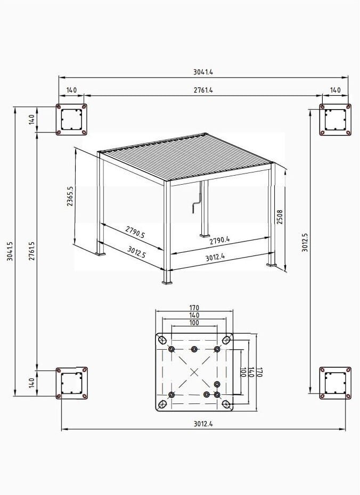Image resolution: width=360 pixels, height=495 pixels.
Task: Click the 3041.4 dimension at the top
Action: click(x=203, y=72)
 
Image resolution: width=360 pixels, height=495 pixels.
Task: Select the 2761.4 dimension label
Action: click(x=203, y=90)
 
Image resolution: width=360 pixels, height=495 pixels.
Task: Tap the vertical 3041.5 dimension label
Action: click(x=10, y=251)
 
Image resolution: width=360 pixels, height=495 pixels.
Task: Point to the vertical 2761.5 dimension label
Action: click(x=31, y=251)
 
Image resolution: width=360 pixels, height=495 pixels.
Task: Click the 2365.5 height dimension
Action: click(x=70, y=196)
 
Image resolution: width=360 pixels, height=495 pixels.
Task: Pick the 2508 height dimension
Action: click(x=280, y=217)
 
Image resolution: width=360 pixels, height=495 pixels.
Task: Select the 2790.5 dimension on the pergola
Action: click(x=135, y=232)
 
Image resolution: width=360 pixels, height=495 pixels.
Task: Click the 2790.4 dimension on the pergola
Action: click(x=220, y=241)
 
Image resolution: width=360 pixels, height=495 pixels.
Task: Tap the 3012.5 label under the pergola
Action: click(x=136, y=252)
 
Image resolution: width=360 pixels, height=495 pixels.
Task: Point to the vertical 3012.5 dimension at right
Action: click(x=305, y=243)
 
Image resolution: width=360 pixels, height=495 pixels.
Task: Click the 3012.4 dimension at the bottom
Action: click(x=203, y=424)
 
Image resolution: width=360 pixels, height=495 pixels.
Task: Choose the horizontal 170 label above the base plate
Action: click(x=194, y=308)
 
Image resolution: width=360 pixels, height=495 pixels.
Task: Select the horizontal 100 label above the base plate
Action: click(x=194, y=323)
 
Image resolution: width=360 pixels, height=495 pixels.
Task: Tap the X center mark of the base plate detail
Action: click(x=194, y=372)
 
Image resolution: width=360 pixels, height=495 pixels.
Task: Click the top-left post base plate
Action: click(x=71, y=120)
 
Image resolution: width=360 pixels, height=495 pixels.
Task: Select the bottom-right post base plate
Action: click(x=336, y=383)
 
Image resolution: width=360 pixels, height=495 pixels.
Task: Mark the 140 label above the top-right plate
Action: click(x=336, y=90)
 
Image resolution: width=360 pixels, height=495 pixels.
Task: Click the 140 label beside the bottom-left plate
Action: click(x=31, y=383)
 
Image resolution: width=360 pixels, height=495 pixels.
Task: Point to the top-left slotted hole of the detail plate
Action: click(x=162, y=340)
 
